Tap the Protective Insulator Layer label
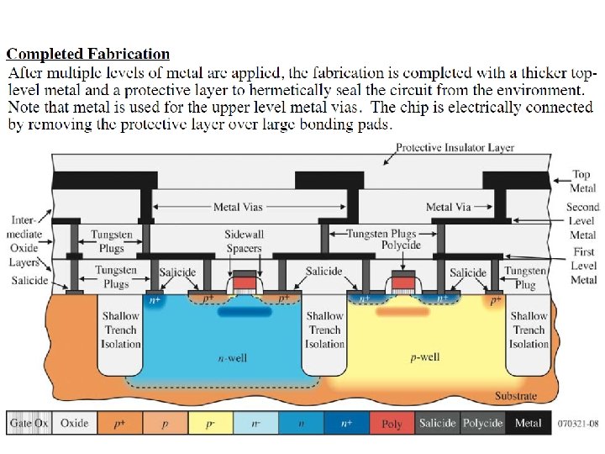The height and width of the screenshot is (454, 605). click(455, 148)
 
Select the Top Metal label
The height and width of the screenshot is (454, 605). click(581, 181)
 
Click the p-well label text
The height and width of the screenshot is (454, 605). click(425, 357)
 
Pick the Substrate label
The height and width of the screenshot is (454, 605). click(515, 396)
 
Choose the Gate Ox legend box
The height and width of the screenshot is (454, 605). click(30, 423)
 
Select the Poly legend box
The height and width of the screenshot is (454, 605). click(392, 423)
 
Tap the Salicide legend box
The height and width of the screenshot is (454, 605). click(438, 423)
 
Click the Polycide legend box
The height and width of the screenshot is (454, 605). click(483, 423)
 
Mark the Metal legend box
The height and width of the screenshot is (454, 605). click(529, 423)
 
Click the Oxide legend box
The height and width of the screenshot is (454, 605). click(75, 423)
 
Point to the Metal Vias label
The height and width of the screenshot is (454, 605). click(238, 207)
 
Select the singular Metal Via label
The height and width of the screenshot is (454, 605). click(448, 207)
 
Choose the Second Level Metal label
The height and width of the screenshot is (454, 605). click(583, 221)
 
